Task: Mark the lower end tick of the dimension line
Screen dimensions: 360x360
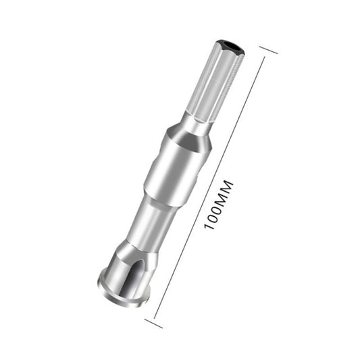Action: (153, 322)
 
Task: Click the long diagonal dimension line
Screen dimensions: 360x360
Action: (203, 203)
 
